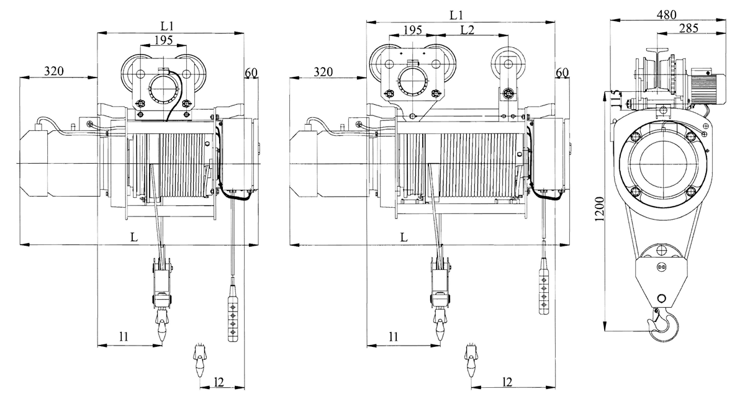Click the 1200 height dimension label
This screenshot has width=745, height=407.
point(600,209)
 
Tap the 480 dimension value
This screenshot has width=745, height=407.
point(667,15)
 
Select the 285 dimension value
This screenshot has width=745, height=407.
point(689,29)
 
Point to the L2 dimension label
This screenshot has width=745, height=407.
point(467,30)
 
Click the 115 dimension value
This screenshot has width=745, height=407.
point(616,99)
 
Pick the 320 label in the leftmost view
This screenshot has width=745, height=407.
point(54,71)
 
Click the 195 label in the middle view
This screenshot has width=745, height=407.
point(412,30)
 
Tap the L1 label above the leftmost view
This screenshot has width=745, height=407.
point(167,26)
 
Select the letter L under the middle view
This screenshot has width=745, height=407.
point(404,237)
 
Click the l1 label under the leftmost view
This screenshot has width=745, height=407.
point(124,336)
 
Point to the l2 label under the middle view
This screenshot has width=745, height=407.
point(507,382)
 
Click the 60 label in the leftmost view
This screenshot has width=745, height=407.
point(251,73)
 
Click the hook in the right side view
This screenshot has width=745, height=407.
point(662,325)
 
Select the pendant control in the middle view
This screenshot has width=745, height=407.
point(543,286)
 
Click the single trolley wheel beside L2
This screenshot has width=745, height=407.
point(508,64)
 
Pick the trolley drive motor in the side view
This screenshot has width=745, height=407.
point(706,86)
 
